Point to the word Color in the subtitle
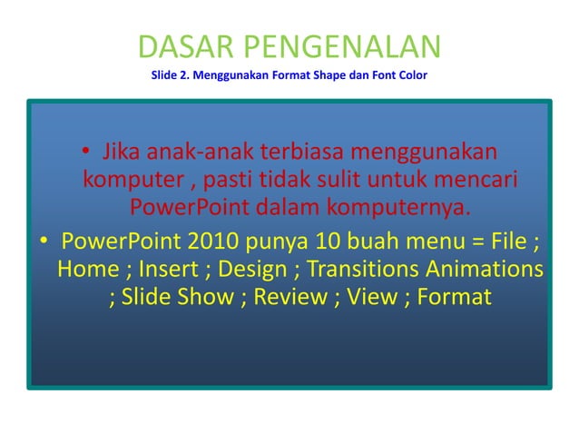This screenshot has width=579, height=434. (x=408, y=74)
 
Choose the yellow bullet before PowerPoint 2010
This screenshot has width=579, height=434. (x=43, y=244)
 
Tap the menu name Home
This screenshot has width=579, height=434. (x=89, y=271)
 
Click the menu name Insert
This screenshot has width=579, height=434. (x=171, y=271)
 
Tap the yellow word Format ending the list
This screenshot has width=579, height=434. (x=454, y=298)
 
